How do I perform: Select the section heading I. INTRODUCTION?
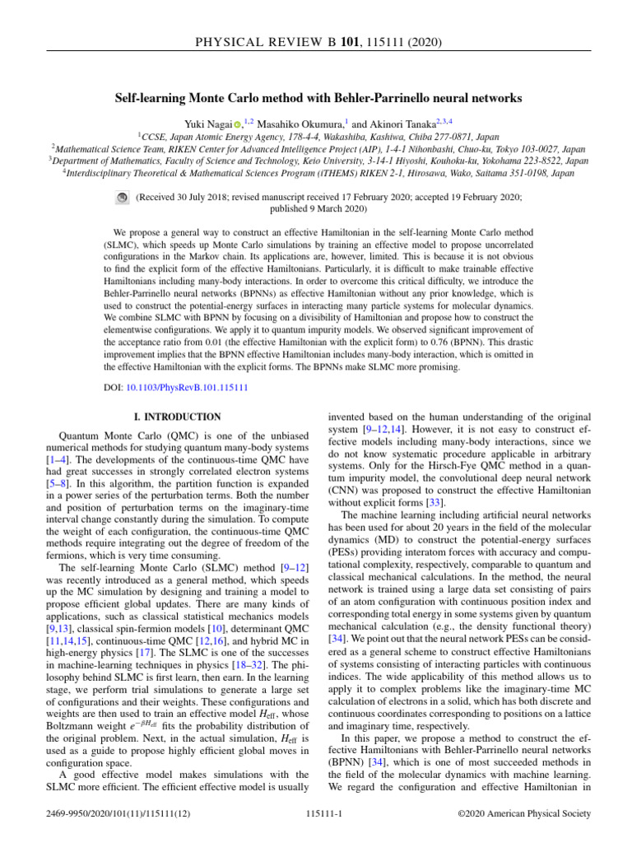(177, 417)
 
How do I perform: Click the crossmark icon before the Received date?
(121, 198)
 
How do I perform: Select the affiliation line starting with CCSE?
(315, 136)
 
